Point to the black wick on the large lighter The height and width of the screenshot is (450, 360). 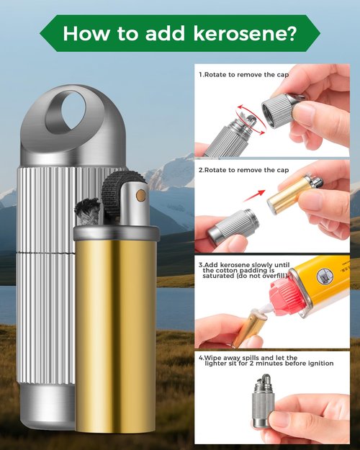tap(87, 210)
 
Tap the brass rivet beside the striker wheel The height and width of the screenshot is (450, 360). tap(140, 195)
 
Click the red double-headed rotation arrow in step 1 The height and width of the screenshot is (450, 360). tap(251, 120)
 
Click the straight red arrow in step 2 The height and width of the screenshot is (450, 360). tap(254, 196)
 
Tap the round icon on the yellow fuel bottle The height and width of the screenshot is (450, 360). tap(325, 276)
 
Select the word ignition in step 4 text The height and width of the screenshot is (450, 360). tap(321, 364)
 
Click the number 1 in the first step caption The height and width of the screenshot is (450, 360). tap(201, 75)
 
